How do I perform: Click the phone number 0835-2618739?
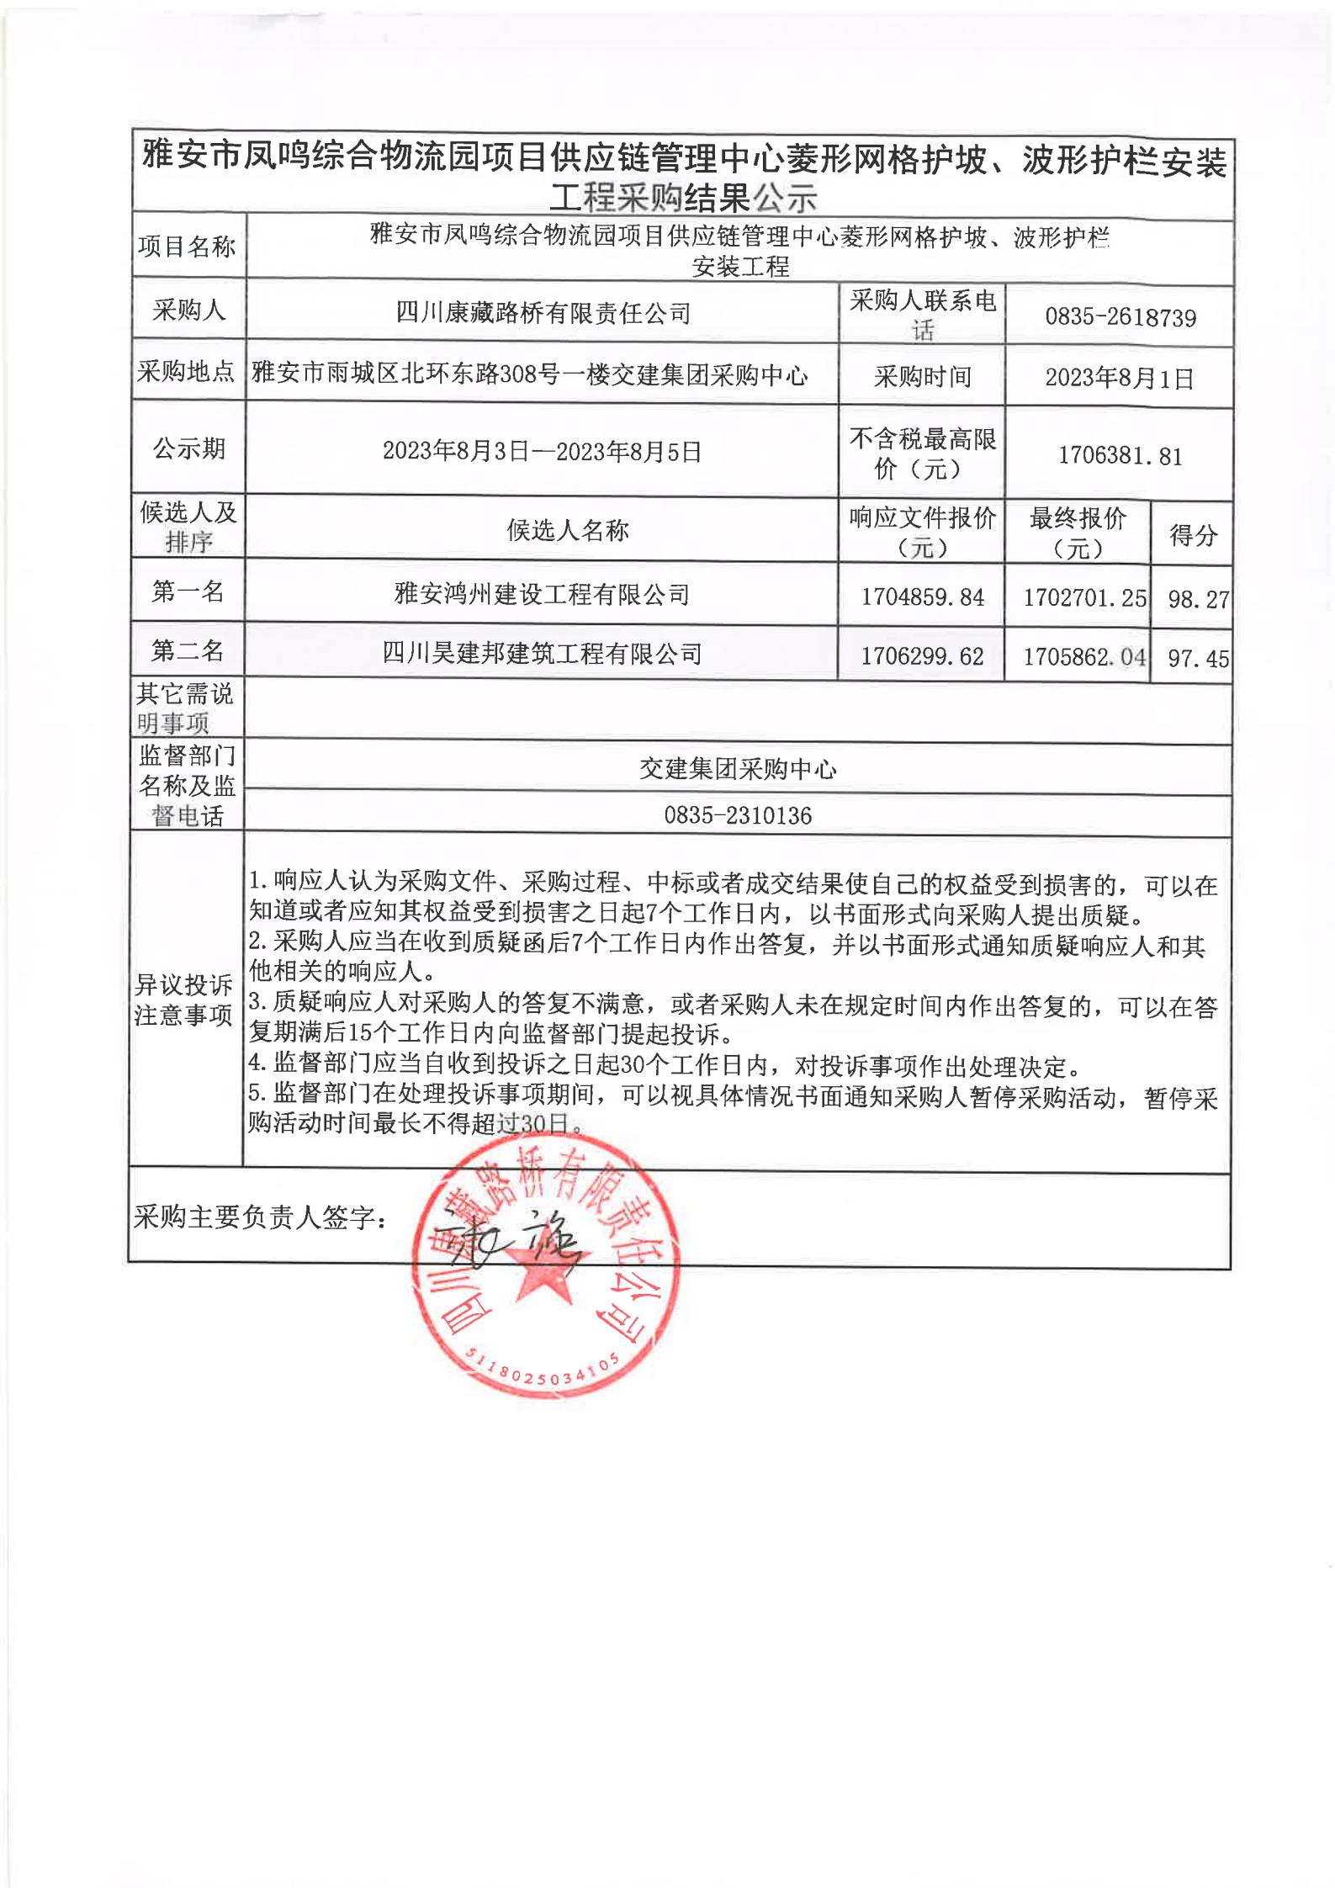1120,317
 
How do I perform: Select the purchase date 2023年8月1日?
1119,379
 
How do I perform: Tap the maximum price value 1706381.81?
1120,456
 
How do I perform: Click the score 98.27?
1198,599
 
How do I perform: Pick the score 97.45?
1198,658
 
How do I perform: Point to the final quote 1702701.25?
1084,598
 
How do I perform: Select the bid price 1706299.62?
922,656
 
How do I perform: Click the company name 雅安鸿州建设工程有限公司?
542,595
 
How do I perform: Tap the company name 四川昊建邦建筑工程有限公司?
542,654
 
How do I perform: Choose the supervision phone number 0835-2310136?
738,815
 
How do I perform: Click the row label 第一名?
188,591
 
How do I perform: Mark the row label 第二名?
188,650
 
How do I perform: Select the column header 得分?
1193,535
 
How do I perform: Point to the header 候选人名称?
568,530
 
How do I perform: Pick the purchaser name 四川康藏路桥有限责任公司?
543,314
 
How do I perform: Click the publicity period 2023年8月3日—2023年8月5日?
542,452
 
